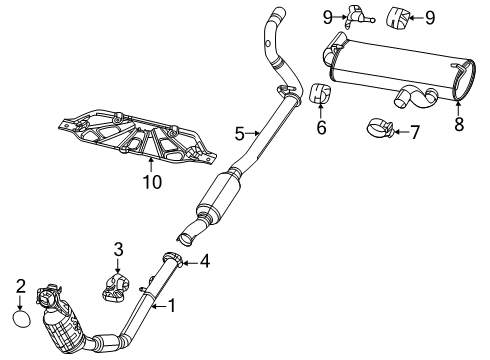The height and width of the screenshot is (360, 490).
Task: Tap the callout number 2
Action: (x=20, y=286)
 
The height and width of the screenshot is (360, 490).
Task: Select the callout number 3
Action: (x=117, y=249)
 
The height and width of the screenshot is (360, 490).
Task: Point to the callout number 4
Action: (x=205, y=263)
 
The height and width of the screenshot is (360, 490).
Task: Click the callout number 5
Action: (x=239, y=132)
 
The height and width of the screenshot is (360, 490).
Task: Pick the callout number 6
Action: (x=320, y=128)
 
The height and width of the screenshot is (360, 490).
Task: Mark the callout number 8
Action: (x=459, y=126)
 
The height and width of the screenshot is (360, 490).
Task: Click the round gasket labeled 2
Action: (x=19, y=319)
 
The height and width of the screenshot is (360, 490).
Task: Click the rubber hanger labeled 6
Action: (x=319, y=95)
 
